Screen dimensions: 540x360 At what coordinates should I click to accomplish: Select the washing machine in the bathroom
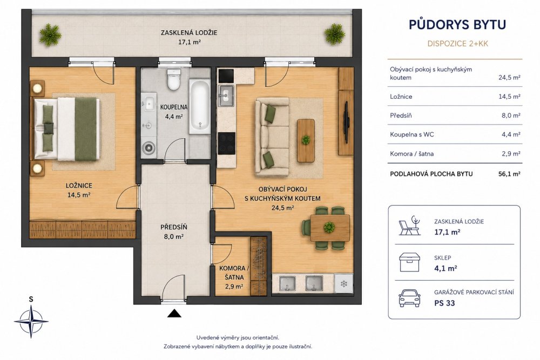149,147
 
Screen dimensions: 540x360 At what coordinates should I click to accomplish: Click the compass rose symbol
31,321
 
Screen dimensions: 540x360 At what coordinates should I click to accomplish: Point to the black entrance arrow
174,313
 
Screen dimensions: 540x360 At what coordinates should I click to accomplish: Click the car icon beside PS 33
409,297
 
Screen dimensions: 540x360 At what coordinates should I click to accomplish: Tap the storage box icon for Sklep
409,262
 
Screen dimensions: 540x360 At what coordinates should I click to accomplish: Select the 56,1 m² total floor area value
509,174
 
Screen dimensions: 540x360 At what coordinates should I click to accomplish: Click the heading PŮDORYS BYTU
457,24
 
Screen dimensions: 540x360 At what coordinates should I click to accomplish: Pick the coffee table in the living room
306,140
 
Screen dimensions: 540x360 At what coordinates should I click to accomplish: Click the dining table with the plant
329,227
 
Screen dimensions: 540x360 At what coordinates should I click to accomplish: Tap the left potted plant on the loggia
50,35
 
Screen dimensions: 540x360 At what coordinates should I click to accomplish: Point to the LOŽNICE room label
79,186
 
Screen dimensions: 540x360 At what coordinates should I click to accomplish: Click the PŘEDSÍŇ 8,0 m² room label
174,232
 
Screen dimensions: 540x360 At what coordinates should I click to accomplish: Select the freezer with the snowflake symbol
343,283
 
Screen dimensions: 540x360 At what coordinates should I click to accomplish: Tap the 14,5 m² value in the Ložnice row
509,97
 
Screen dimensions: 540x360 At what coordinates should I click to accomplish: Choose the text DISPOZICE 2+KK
458,44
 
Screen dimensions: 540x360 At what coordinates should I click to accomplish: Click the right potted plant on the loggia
334,34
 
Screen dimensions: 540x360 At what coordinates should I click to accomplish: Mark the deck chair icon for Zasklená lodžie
409,226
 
